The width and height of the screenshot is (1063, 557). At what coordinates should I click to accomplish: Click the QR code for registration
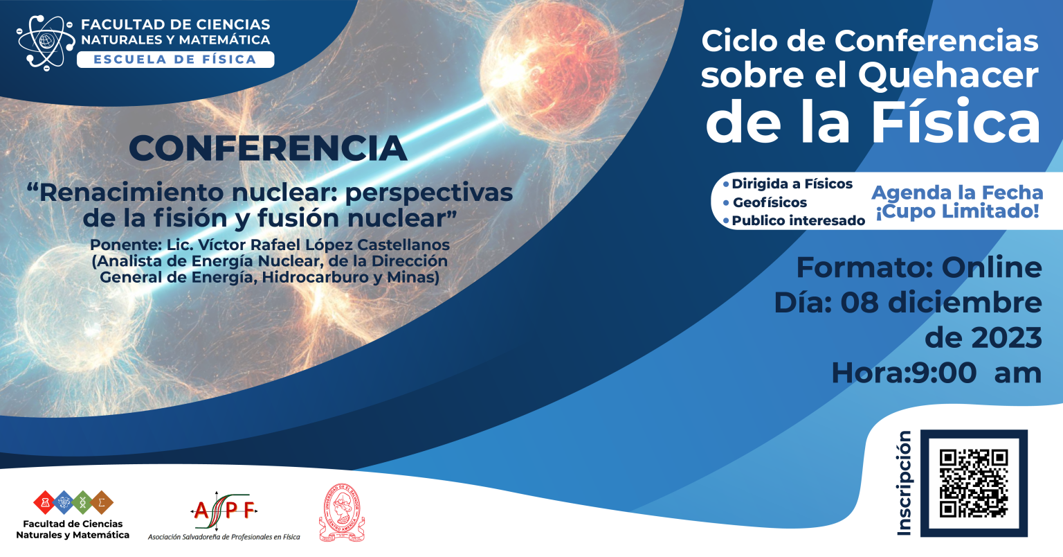click(974, 484)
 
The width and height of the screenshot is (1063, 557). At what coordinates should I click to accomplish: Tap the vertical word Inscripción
click(905, 484)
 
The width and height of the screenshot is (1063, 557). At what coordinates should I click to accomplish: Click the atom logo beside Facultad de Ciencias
click(46, 43)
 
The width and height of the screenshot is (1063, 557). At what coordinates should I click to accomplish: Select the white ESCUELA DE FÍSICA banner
click(176, 60)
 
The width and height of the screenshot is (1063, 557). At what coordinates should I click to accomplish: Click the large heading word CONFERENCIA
click(268, 148)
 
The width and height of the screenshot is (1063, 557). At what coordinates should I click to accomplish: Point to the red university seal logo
click(342, 513)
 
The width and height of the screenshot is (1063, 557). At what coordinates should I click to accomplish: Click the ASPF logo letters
click(224, 511)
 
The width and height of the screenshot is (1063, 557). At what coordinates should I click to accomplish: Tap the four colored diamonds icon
click(73, 502)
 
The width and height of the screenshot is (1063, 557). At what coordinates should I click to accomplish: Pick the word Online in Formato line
click(991, 267)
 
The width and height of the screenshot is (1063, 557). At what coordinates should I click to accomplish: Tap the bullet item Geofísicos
click(770, 202)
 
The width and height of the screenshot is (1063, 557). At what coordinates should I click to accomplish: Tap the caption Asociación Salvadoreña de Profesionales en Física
click(224, 537)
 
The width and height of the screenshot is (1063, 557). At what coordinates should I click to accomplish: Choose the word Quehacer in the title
click(948, 76)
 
